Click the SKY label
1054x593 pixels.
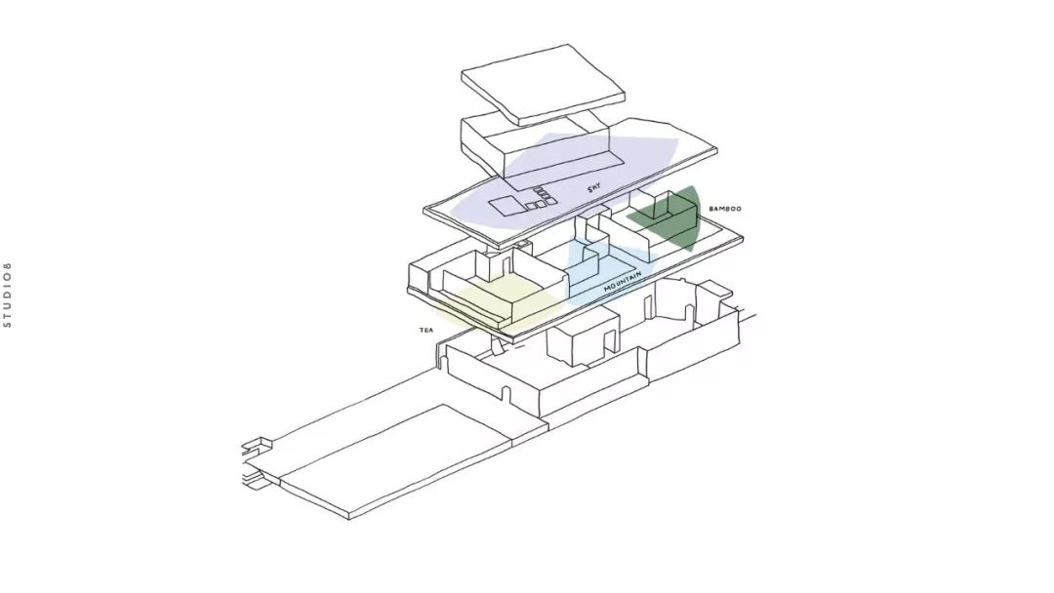tap(593, 189)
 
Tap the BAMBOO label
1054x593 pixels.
tap(724, 209)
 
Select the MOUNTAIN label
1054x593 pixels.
tap(623, 282)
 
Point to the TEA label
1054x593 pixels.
tap(426, 330)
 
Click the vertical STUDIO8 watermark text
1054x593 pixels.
tap(8, 295)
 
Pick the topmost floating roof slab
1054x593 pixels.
tap(544, 84)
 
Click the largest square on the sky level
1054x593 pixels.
tap(506, 207)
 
